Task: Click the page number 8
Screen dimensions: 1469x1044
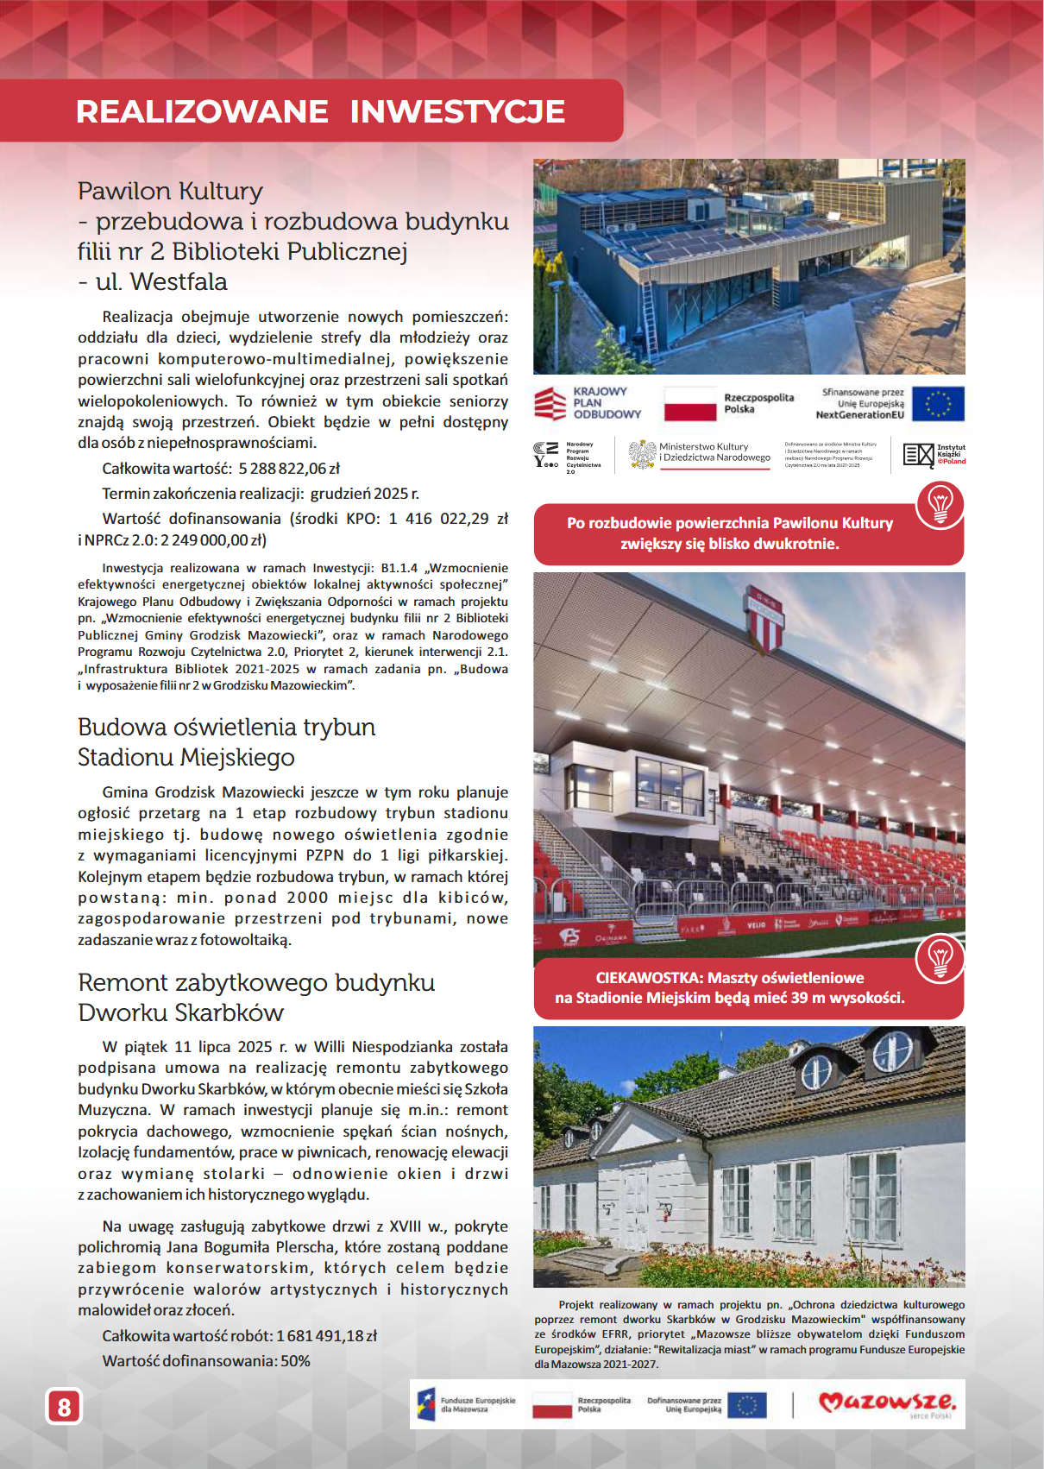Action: (x=64, y=1407)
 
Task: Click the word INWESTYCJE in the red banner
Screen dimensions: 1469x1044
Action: (x=457, y=111)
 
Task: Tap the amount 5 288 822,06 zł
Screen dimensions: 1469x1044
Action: (x=289, y=469)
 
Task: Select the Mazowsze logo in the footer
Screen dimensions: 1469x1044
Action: (x=886, y=1402)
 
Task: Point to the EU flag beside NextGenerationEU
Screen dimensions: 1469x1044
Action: (x=938, y=403)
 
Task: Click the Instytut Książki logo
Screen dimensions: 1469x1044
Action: (x=934, y=454)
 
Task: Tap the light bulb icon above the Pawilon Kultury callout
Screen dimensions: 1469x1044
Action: (x=940, y=503)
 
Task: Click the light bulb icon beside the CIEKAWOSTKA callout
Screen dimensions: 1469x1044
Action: (x=940, y=957)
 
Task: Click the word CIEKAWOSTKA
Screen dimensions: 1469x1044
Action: (x=649, y=978)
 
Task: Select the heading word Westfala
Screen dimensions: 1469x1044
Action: (x=179, y=282)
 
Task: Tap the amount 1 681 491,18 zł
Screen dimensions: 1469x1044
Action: (x=326, y=1336)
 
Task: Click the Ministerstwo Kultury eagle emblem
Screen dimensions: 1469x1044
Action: (x=642, y=454)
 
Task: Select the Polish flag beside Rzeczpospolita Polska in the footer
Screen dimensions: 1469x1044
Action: (x=552, y=1404)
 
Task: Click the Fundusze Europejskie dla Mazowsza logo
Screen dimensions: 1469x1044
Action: (x=466, y=1404)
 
